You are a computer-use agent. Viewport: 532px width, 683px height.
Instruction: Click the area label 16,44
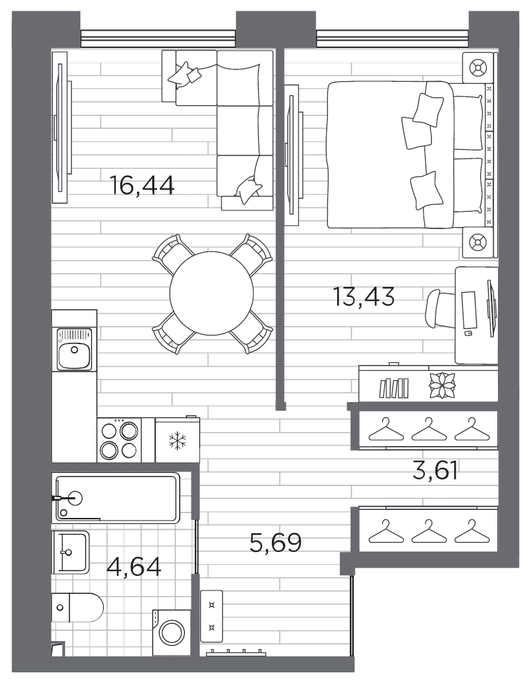[x=142, y=185]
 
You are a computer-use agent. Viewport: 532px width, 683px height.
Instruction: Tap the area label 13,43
[x=364, y=296]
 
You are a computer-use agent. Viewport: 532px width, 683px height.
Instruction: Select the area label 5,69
[x=275, y=543]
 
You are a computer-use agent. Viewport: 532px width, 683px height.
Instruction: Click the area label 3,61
[x=436, y=472]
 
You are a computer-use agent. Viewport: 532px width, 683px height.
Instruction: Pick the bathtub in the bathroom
[x=118, y=497]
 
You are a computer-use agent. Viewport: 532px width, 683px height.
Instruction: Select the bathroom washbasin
[x=70, y=552]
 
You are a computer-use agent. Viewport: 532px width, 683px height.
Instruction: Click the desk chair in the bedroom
[x=441, y=308]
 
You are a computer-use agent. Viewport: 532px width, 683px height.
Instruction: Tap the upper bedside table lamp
[x=477, y=67]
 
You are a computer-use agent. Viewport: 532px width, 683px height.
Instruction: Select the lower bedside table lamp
[x=477, y=242]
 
